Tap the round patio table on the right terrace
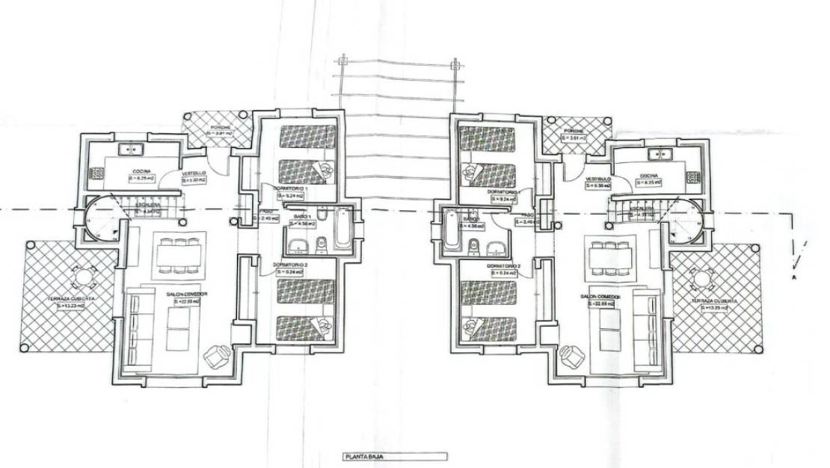701,279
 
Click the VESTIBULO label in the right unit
598,179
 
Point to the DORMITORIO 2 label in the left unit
289,265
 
